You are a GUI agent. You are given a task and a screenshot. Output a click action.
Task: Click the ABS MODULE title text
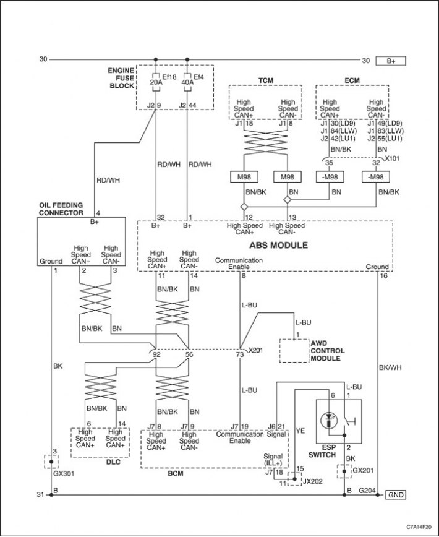[278, 245]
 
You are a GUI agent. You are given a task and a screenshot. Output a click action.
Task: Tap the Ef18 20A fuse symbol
[156, 82]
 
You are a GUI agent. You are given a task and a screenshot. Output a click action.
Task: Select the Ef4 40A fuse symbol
[187, 82]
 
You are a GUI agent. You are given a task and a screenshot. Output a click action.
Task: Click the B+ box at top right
[391, 61]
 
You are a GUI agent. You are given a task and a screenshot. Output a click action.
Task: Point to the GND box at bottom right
[396, 495]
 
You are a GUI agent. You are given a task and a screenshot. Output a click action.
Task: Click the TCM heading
[265, 80]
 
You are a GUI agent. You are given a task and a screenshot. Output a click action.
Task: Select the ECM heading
[352, 80]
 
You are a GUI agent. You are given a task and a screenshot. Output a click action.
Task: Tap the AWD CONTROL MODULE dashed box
[294, 351]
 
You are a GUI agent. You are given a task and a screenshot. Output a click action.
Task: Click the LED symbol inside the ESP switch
[328, 420]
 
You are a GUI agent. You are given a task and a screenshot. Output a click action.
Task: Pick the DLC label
[113, 462]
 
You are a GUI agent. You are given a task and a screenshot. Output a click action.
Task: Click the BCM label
[176, 474]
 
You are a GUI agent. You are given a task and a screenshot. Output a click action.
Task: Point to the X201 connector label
[255, 350]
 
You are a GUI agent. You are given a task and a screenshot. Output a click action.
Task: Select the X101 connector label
[392, 158]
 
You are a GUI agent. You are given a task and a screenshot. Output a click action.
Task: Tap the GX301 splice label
[64, 474]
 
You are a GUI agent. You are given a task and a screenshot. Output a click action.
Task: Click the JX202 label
[312, 481]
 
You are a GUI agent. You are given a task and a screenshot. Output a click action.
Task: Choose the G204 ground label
[367, 491]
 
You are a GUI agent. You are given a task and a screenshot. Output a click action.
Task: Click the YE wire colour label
[300, 431]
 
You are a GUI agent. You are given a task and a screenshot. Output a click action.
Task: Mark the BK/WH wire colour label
[390, 367]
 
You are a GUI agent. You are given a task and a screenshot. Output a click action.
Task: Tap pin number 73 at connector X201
[240, 355]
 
